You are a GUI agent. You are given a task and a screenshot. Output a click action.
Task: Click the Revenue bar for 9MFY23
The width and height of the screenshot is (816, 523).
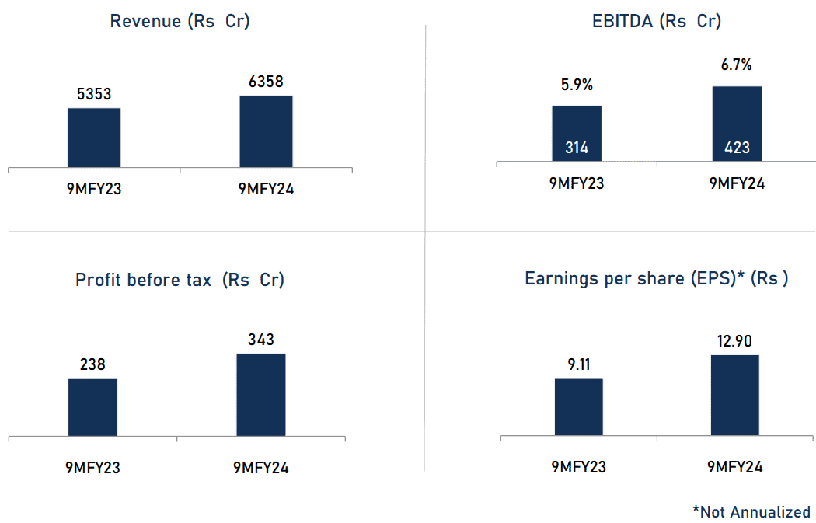click(x=94, y=138)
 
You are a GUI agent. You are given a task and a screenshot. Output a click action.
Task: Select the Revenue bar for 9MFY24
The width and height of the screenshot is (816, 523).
click(x=266, y=131)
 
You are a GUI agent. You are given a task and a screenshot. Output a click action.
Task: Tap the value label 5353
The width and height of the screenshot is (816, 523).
click(x=94, y=95)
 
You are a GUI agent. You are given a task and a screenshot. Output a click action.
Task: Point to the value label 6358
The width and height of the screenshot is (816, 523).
click(x=266, y=82)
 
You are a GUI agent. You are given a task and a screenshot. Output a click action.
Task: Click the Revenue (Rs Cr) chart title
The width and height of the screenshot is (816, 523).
click(x=180, y=21)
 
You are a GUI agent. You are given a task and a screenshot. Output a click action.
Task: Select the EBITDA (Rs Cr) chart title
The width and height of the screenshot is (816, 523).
click(x=657, y=21)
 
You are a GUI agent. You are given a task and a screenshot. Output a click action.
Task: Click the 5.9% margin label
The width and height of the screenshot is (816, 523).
click(x=577, y=85)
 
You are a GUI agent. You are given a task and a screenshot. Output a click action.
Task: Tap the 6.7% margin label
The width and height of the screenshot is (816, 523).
click(x=737, y=65)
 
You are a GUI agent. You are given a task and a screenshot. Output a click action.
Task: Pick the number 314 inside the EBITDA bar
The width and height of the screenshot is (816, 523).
click(x=577, y=147)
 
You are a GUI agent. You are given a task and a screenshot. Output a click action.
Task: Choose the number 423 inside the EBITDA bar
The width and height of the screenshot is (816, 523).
click(x=737, y=147)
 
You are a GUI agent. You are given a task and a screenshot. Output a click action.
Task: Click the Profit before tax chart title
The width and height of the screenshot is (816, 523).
click(x=180, y=280)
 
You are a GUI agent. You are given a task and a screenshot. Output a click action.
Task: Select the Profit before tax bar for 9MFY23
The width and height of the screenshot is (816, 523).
click(x=92, y=407)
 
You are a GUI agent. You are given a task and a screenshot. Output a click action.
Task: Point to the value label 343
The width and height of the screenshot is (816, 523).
click(x=261, y=340)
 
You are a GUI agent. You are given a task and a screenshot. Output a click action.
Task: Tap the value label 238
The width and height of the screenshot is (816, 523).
click(x=92, y=364)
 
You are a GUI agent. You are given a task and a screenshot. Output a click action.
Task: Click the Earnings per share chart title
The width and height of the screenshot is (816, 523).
click(x=657, y=279)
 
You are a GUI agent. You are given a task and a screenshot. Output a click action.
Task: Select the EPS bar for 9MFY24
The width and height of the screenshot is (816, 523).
click(x=734, y=395)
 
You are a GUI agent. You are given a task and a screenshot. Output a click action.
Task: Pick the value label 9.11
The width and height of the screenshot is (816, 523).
click(x=578, y=364)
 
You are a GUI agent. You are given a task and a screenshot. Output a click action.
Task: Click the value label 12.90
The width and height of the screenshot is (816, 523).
click(x=734, y=340)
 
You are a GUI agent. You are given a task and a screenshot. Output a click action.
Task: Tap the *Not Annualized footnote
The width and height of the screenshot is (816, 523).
click(x=751, y=511)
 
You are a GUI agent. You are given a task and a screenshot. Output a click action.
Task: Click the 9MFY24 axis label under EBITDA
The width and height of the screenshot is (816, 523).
click(x=737, y=184)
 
